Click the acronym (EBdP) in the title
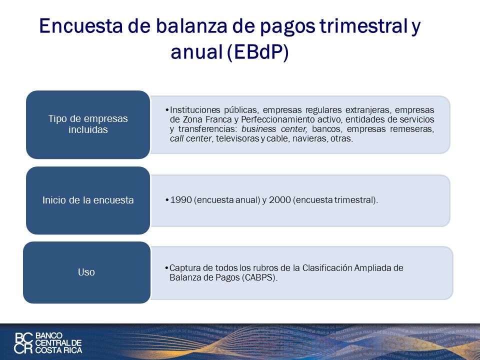coord(258,52)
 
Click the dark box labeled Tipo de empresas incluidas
coord(88,124)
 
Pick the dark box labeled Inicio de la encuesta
coord(88,200)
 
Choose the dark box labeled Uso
coord(86,272)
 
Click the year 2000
coord(279,200)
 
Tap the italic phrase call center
coord(191,138)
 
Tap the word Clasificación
coord(327,268)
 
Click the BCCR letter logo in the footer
coord(23,343)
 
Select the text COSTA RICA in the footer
coord(59,350)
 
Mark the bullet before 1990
coord(167,200)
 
